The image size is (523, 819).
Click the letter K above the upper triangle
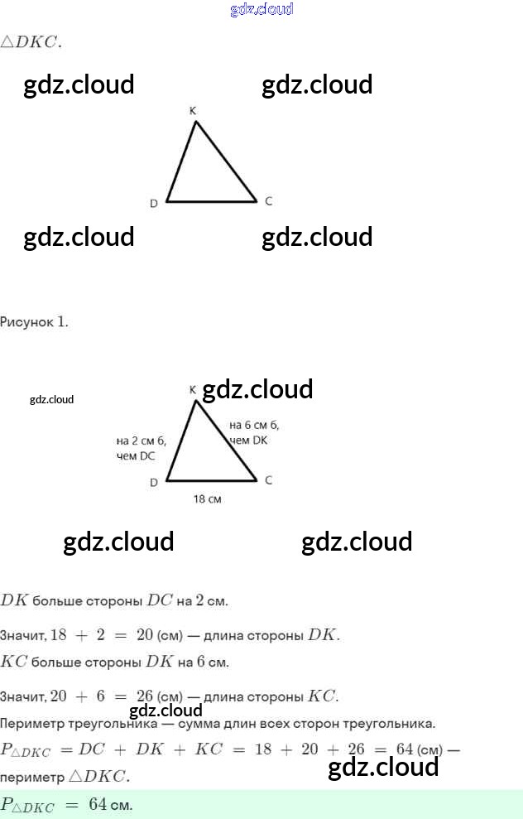pyautogui.click(x=193, y=110)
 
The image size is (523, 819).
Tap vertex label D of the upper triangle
pyautogui.click(x=154, y=204)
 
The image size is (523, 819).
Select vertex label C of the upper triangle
pyautogui.click(x=268, y=201)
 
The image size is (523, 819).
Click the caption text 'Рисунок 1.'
pyautogui.click(x=35, y=321)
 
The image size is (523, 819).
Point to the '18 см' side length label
pyautogui.click(x=207, y=499)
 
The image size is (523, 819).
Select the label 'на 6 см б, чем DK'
pyautogui.click(x=253, y=432)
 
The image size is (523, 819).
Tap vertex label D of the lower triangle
pyautogui.click(x=154, y=483)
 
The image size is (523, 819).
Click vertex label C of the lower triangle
pyautogui.click(x=268, y=480)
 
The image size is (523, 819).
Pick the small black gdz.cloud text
pyautogui.click(x=51, y=399)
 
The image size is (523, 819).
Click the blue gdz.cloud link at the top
pyautogui.click(x=261, y=10)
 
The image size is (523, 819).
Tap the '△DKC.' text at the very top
pyautogui.click(x=31, y=42)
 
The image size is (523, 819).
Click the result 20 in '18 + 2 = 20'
pyautogui.click(x=145, y=636)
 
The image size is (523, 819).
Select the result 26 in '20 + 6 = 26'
pyautogui.click(x=145, y=696)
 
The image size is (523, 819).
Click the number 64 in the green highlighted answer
pyautogui.click(x=98, y=805)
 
